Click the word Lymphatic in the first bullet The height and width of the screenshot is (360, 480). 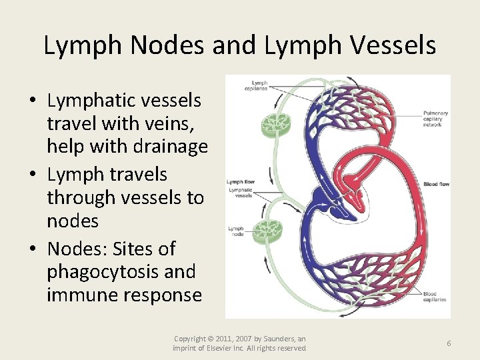(89, 101)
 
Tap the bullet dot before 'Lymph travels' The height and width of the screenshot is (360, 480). (32, 175)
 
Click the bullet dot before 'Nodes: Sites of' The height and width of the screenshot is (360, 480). (32, 249)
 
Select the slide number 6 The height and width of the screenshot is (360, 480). (449, 343)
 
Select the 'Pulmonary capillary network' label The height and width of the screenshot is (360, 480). (435, 119)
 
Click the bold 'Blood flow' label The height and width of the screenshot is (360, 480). (436, 184)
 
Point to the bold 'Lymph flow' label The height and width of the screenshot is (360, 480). (240, 181)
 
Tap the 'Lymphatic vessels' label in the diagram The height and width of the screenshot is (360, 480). (240, 193)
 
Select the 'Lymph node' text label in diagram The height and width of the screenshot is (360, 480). (237, 231)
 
